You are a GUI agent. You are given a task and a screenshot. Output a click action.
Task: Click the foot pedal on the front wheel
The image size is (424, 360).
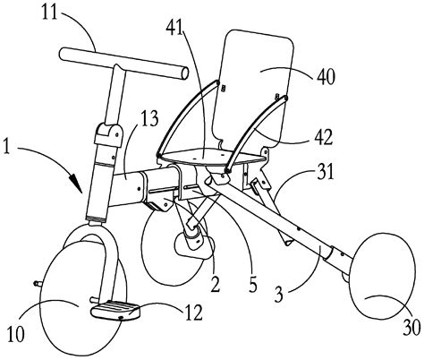117,313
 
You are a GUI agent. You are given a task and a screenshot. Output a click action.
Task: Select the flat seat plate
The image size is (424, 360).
212,160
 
